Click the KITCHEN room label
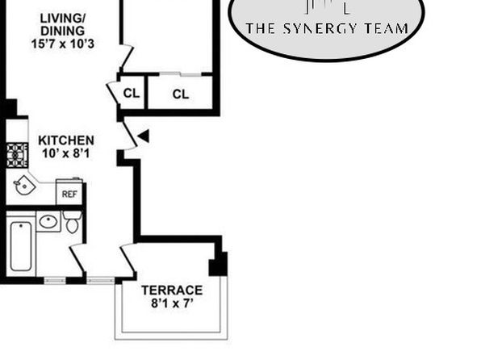point(66,140)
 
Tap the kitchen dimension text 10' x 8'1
point(66,153)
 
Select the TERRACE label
point(172,290)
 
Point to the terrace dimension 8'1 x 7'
point(173,303)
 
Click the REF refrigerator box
point(69,192)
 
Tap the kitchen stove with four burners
point(17,155)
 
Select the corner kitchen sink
point(23,185)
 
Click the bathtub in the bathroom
point(21,246)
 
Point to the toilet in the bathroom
point(73,222)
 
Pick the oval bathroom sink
point(48,222)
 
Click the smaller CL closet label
point(132,94)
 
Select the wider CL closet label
point(181,94)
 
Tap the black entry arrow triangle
point(144,136)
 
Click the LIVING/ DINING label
point(63,24)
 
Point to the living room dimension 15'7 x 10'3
point(63,44)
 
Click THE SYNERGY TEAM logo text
point(327,28)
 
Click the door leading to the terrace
point(128,259)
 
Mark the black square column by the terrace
point(218,264)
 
